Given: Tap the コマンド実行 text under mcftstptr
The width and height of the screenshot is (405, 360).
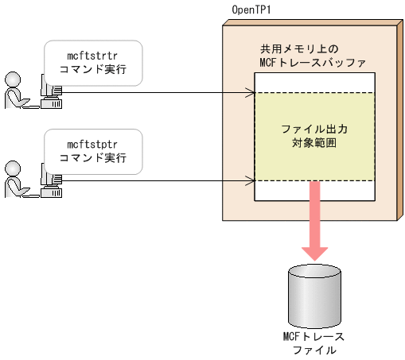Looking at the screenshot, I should point(93,158).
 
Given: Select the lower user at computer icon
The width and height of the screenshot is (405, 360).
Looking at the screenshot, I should point(32,178).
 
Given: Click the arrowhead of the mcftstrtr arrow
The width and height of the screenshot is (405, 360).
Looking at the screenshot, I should point(249,92).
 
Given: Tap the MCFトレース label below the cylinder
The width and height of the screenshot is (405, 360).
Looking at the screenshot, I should point(313,336).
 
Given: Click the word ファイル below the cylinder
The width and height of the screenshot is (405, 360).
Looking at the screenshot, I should point(313,350).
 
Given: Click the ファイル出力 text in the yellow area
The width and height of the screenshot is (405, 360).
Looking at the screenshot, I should point(315,129).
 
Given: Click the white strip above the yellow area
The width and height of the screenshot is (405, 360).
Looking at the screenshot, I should point(313,83).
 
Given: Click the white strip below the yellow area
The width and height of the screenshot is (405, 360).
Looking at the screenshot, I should point(278,191).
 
